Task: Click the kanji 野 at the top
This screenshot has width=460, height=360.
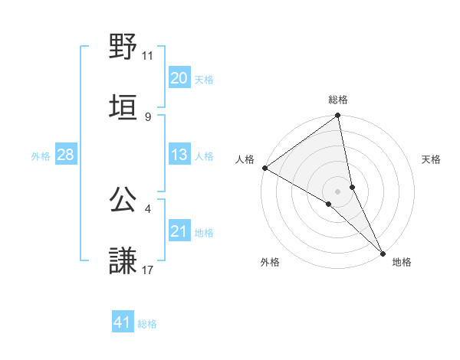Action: [123, 47]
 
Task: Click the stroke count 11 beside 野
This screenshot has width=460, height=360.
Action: [147, 56]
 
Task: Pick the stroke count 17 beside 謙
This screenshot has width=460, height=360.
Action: [147, 270]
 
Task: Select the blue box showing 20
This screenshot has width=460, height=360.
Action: [179, 78]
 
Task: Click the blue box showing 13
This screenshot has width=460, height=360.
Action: [179, 155]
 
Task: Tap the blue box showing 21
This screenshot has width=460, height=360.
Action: [179, 231]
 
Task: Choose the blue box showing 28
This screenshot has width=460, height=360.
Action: [66, 155]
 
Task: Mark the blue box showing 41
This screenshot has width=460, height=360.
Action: [123, 323]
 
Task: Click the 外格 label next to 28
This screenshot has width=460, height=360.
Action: [41, 156]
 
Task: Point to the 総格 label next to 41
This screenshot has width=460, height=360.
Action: [147, 324]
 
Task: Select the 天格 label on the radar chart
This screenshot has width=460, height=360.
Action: [432, 159]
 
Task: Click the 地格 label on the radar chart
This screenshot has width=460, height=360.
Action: [402, 262]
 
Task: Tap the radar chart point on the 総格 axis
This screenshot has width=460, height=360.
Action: [338, 116]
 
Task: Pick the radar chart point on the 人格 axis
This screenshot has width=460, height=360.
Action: [264, 168]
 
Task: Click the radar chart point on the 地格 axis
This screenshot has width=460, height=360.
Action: [383, 252]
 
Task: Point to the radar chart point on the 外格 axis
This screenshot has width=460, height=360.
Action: [329, 204]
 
